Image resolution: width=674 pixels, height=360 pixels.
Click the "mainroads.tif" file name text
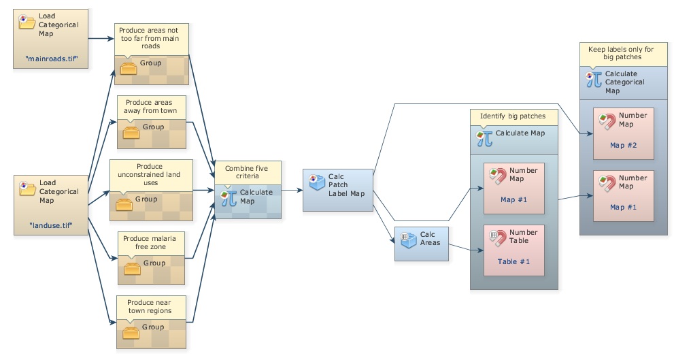(x=50, y=59)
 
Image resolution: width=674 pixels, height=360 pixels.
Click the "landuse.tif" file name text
(x=50, y=225)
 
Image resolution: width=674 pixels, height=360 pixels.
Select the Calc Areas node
(x=422, y=243)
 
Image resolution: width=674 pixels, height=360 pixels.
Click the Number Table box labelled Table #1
(x=513, y=250)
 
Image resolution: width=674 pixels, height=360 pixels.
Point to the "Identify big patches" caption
(x=513, y=116)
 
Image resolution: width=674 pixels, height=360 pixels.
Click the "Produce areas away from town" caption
(x=152, y=107)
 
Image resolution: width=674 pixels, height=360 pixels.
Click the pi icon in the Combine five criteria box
(x=229, y=197)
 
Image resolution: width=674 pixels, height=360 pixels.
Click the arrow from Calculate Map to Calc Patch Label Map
(x=292, y=191)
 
